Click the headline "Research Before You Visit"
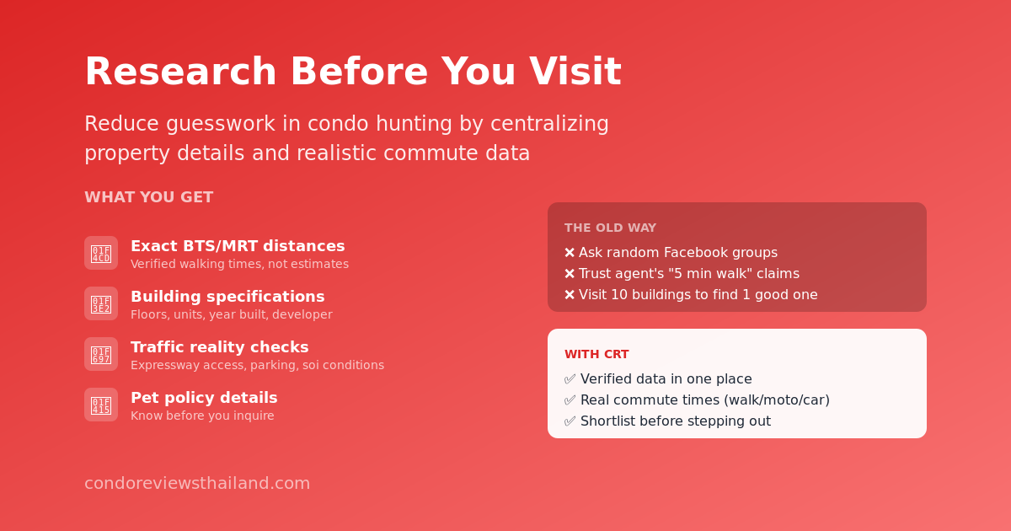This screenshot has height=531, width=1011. click(x=352, y=72)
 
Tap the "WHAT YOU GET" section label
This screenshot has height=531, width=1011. click(x=148, y=197)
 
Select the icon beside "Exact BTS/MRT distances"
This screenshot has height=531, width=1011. click(x=101, y=253)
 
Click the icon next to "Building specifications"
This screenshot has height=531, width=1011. click(x=101, y=303)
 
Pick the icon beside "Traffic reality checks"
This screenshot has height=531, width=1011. click(x=101, y=354)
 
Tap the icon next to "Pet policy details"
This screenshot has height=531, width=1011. click(x=101, y=405)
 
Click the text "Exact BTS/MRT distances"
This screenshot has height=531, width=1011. click(x=238, y=246)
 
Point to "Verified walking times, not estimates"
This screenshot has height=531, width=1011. click(x=239, y=265)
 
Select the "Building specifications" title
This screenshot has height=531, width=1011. click(x=227, y=297)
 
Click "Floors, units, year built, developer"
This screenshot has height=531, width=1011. click(x=231, y=315)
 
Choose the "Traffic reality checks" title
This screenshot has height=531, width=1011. click(x=219, y=347)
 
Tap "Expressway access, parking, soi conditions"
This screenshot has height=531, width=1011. click(x=257, y=366)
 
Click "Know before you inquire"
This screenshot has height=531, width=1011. click(x=202, y=416)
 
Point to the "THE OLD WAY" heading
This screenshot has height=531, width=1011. click(x=610, y=228)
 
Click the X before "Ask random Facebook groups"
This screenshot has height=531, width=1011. click(x=570, y=253)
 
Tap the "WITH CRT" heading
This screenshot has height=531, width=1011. click(x=596, y=354)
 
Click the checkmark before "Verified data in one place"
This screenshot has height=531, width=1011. click(x=570, y=379)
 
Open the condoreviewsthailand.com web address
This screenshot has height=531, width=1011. click(x=197, y=484)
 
